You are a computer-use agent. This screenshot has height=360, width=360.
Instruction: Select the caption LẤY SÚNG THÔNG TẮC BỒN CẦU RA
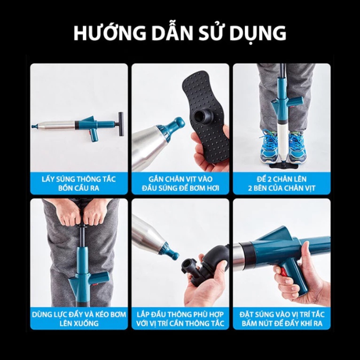click(x=79, y=183)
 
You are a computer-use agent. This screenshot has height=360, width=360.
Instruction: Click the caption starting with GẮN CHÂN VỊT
click(x=180, y=183)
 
